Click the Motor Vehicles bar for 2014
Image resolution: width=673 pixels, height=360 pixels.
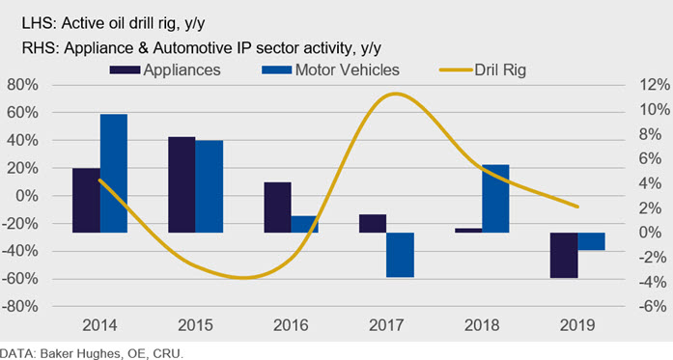pos(114,174)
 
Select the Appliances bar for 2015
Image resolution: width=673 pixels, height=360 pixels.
pos(182,184)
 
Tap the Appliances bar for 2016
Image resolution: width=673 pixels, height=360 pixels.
pos(277,208)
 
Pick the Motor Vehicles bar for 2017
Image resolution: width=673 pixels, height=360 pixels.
pos(400,255)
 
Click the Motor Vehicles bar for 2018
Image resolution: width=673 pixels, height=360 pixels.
pos(495,199)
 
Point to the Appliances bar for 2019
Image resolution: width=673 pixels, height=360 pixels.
pos(564,256)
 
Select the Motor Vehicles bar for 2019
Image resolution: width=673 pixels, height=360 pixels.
pos(591,241)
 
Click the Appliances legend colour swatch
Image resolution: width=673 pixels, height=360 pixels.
pos(125,69)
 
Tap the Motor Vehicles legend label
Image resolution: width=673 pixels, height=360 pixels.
pos(348,69)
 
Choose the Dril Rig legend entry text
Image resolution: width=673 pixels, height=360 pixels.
pos(500,69)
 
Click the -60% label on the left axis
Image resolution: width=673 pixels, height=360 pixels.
pos(19,279)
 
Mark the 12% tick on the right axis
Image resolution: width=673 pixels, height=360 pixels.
pos(655,85)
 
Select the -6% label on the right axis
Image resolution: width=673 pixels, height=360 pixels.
pos(653,306)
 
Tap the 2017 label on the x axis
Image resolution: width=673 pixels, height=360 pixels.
pos(386,325)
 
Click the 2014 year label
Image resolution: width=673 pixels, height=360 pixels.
pos(99,325)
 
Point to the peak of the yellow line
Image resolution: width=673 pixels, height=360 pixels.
pos(396,94)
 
